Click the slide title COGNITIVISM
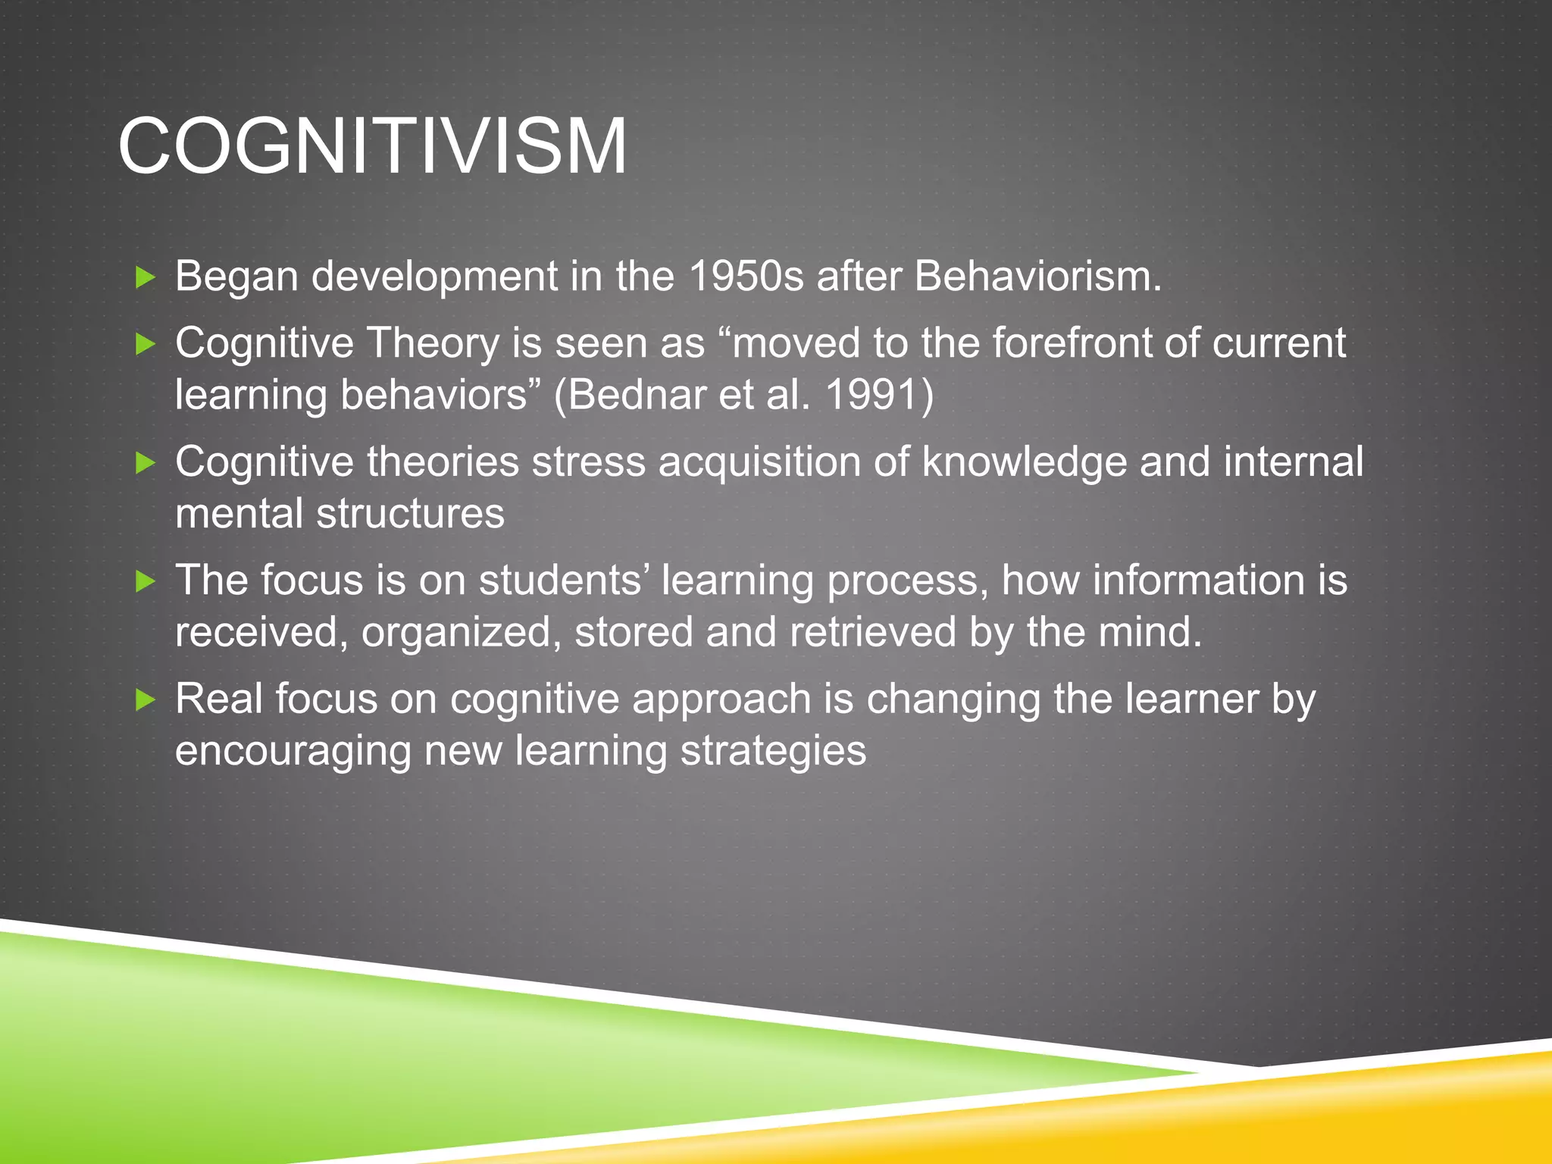point(372,146)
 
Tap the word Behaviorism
point(1036,276)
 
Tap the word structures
point(410,514)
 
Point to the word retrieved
point(872,632)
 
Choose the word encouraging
point(293,751)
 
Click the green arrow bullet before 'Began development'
point(145,277)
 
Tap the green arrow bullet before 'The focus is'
point(145,582)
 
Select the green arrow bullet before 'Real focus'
point(145,700)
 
